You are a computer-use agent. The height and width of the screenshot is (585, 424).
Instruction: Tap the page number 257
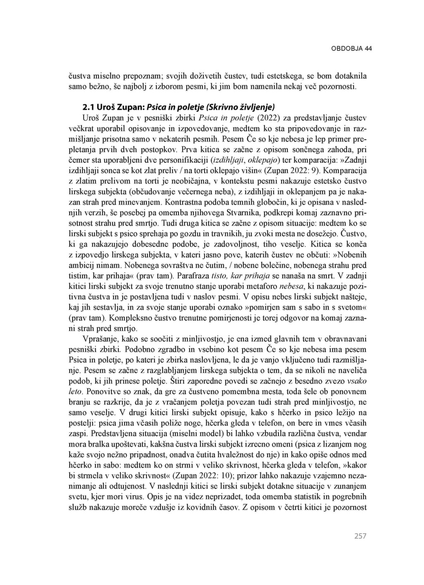coord(360,536)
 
